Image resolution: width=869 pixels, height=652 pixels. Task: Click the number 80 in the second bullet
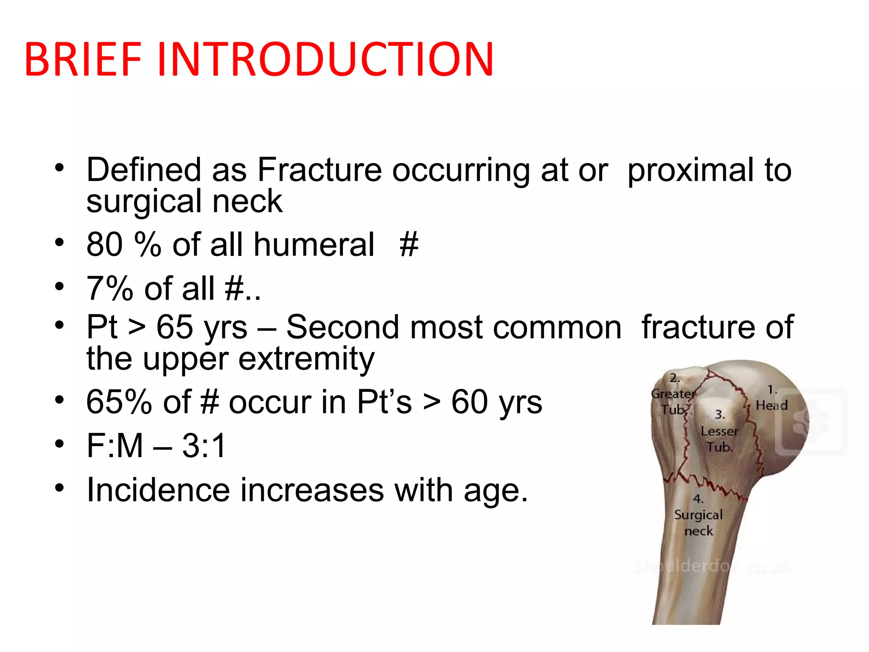[104, 245]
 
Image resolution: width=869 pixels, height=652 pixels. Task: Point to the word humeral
[314, 245]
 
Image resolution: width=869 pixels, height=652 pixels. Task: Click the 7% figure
[109, 289]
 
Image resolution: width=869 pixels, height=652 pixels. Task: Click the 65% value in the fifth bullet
[119, 402]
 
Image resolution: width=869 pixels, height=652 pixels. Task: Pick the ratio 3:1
[204, 446]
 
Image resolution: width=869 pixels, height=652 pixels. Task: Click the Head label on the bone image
[771, 405]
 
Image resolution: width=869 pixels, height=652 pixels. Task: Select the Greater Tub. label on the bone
[673, 401]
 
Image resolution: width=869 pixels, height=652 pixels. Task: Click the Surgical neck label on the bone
[698, 523]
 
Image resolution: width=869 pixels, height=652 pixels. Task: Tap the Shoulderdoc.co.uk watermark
[713, 567]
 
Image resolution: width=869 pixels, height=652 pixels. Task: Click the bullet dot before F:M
[59, 444]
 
